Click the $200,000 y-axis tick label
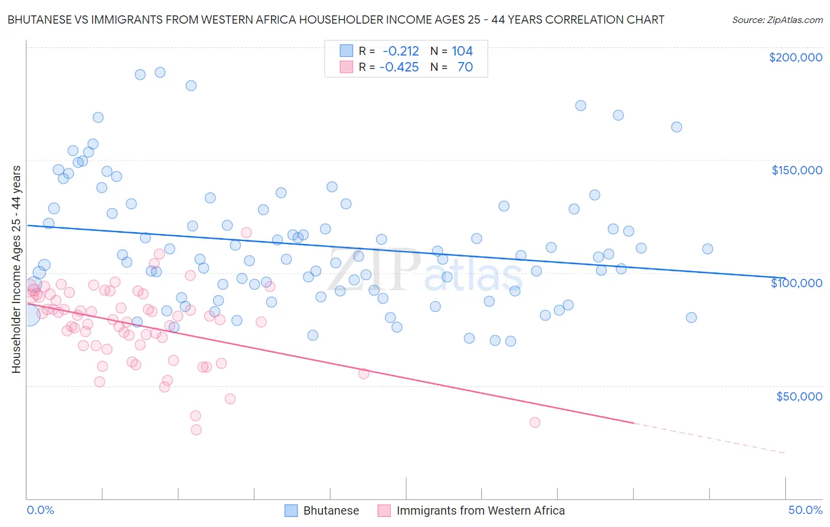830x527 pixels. coord(795,57)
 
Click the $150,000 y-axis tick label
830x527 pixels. coord(796,170)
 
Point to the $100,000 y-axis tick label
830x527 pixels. coord(796,283)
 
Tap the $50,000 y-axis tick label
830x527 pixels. coord(799,396)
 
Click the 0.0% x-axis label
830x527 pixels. coord(40,510)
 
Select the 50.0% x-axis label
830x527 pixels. coord(805,510)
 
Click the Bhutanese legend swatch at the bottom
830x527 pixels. coord(291,510)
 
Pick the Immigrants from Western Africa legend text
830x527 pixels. coord(481,510)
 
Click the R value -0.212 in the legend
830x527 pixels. coord(400,51)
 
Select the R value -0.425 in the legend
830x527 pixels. coord(399,67)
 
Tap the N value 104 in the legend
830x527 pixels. coord(462,51)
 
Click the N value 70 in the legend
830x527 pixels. coord(465,67)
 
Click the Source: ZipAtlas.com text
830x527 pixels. coord(777,20)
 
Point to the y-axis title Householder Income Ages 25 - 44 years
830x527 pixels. coord(17,269)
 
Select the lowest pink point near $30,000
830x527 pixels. coord(196,430)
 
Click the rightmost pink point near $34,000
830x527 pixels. coord(535,422)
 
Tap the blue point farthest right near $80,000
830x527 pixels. coord(691,317)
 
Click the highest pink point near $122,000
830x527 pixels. coord(247,232)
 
